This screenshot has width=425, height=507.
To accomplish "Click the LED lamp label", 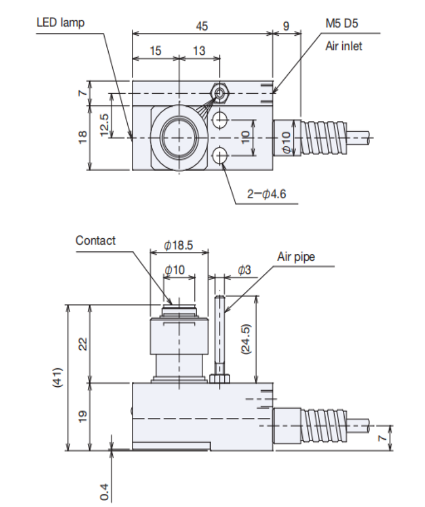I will click(x=60, y=23).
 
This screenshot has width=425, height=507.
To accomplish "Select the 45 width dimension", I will click(x=201, y=26).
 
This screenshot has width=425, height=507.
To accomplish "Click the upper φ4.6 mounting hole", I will click(x=220, y=120).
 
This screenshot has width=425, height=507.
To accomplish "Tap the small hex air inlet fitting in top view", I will click(x=220, y=92).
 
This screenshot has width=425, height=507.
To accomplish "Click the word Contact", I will click(x=95, y=240).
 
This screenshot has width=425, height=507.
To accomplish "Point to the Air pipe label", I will click(x=296, y=257).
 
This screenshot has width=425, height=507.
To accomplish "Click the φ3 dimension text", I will click(x=243, y=269).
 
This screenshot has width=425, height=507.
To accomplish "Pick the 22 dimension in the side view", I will click(x=83, y=343).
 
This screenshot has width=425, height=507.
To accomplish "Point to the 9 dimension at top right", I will click(x=286, y=26).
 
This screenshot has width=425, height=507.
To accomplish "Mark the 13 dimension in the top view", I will click(x=199, y=51).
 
